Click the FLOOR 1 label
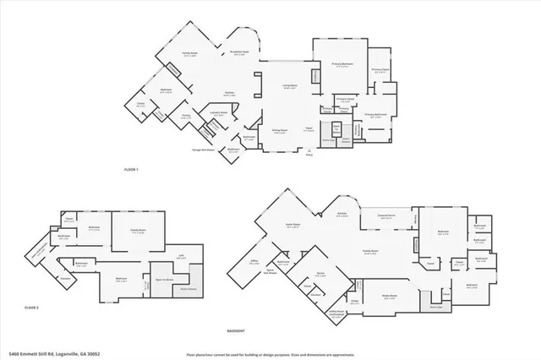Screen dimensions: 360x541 [x=131, y=170]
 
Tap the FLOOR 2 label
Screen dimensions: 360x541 [x=32, y=307]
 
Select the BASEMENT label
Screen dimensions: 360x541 [x=237, y=330]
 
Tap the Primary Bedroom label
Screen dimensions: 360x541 [x=342, y=64]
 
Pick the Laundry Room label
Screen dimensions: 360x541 [x=216, y=113]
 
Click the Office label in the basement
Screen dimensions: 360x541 [x=254, y=261]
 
